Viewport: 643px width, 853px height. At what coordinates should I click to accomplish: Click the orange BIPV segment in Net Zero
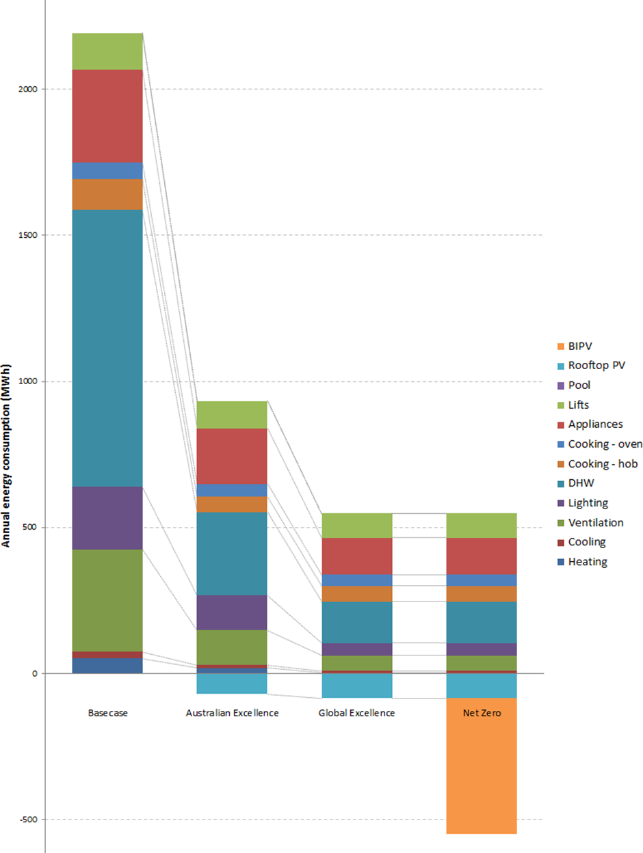click(482, 766)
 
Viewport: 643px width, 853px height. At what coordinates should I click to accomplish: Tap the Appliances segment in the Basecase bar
click(107, 116)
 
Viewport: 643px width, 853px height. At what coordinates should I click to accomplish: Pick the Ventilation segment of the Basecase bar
click(107, 600)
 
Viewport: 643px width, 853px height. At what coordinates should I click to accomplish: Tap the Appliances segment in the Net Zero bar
click(482, 556)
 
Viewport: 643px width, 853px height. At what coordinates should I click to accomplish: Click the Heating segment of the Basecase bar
click(107, 666)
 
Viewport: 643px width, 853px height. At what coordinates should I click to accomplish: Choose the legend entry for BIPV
click(581, 346)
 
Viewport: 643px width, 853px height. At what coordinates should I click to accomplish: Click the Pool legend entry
click(579, 385)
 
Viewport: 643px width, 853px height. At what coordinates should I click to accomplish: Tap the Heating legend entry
click(587, 562)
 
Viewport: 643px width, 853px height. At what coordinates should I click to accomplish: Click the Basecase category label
click(107, 713)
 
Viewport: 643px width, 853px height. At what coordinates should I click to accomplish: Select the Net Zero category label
click(482, 713)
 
